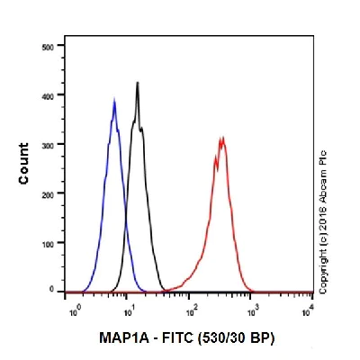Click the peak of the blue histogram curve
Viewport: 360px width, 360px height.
click(114, 100)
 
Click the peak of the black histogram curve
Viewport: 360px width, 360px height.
click(138, 82)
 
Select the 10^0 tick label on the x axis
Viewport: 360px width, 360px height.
click(74, 310)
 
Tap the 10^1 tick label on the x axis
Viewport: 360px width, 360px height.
click(131, 310)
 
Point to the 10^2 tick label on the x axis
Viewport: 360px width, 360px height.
click(191, 310)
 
